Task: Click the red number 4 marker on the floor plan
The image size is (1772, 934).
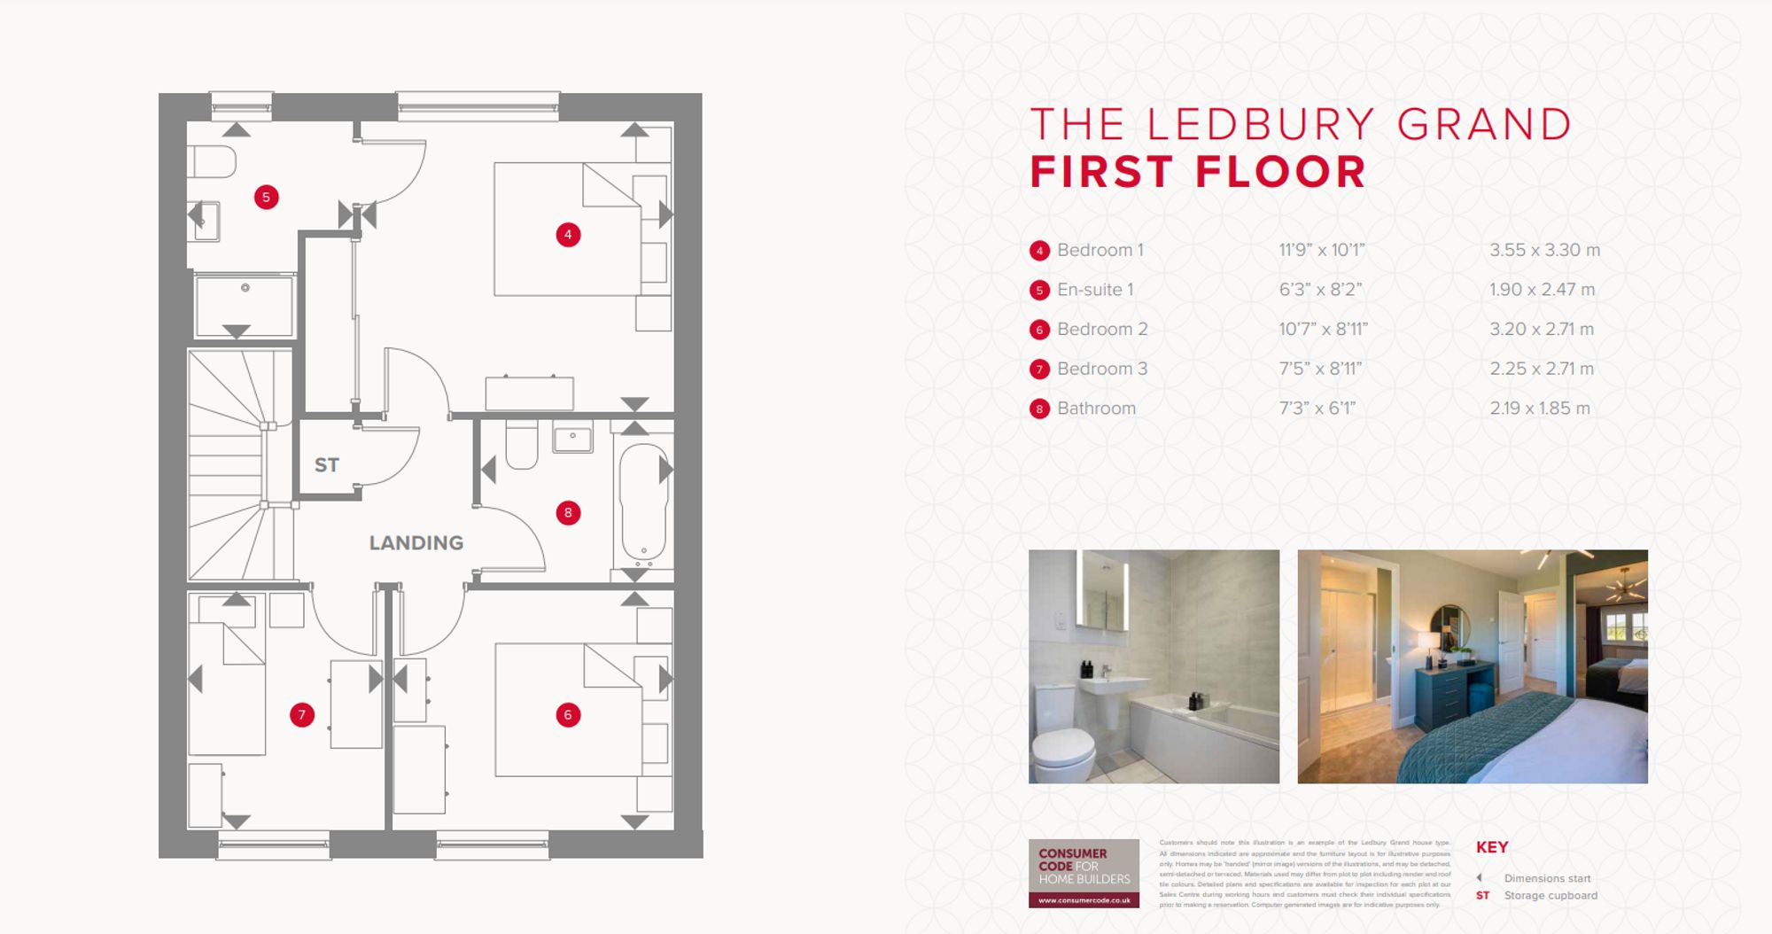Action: pos(568,235)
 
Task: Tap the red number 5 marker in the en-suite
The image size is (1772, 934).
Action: pos(266,197)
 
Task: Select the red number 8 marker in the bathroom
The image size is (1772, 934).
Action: pos(568,512)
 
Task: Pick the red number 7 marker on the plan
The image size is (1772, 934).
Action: pos(302,715)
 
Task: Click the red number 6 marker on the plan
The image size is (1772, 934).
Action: pos(568,715)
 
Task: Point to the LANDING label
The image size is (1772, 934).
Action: pos(416,542)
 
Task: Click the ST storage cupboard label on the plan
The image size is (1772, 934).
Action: pos(326,464)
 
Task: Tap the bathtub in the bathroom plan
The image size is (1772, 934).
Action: pos(642,502)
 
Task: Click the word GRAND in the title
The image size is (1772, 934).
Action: pos(1484,125)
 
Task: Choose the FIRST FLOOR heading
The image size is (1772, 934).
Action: pos(1197,172)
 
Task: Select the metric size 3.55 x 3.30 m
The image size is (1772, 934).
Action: pos(1544,250)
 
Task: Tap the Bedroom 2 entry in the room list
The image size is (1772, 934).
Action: pos(1101,329)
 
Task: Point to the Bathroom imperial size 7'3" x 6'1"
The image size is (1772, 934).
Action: pos(1317,409)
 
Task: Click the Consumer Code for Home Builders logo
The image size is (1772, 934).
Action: pos(1084,873)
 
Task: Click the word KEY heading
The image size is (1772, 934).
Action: pos(1492,847)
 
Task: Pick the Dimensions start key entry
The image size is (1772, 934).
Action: pos(1546,878)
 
